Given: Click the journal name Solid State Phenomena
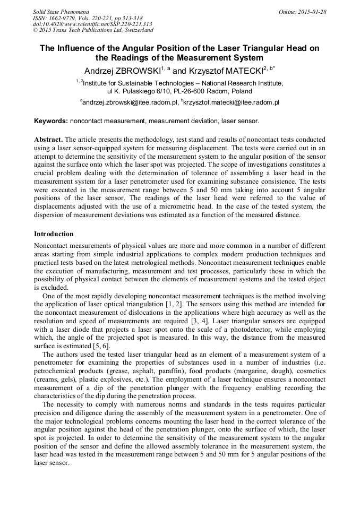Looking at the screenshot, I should pyautogui.click(x=61, y=12).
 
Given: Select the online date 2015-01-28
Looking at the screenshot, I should pyautogui.click(x=312, y=12).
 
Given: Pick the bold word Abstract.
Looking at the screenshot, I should pyautogui.click(x=48, y=139).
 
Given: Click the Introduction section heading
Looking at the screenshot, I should pyautogui.click(x=54, y=234).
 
